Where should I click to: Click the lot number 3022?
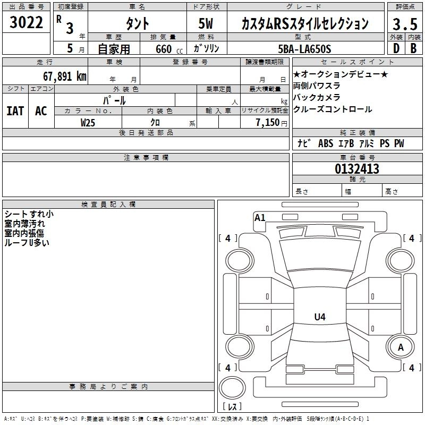tap(26, 24)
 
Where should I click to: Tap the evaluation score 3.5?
tap(404, 24)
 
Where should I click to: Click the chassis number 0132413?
tap(356, 169)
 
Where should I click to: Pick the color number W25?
tap(88, 122)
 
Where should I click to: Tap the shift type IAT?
tap(15, 111)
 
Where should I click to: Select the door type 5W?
tap(207, 24)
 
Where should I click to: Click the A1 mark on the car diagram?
tap(260, 217)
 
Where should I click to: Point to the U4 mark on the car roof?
tap(319, 317)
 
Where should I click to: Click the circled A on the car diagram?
tap(401, 347)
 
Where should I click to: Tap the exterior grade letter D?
tap(396, 49)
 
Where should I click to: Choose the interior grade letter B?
tap(413, 49)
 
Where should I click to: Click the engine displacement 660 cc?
tap(163, 49)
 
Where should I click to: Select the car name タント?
tap(137, 24)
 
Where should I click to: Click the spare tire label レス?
tap(232, 406)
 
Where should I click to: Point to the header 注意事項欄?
tap(146, 158)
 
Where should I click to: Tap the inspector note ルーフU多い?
tap(27, 242)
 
